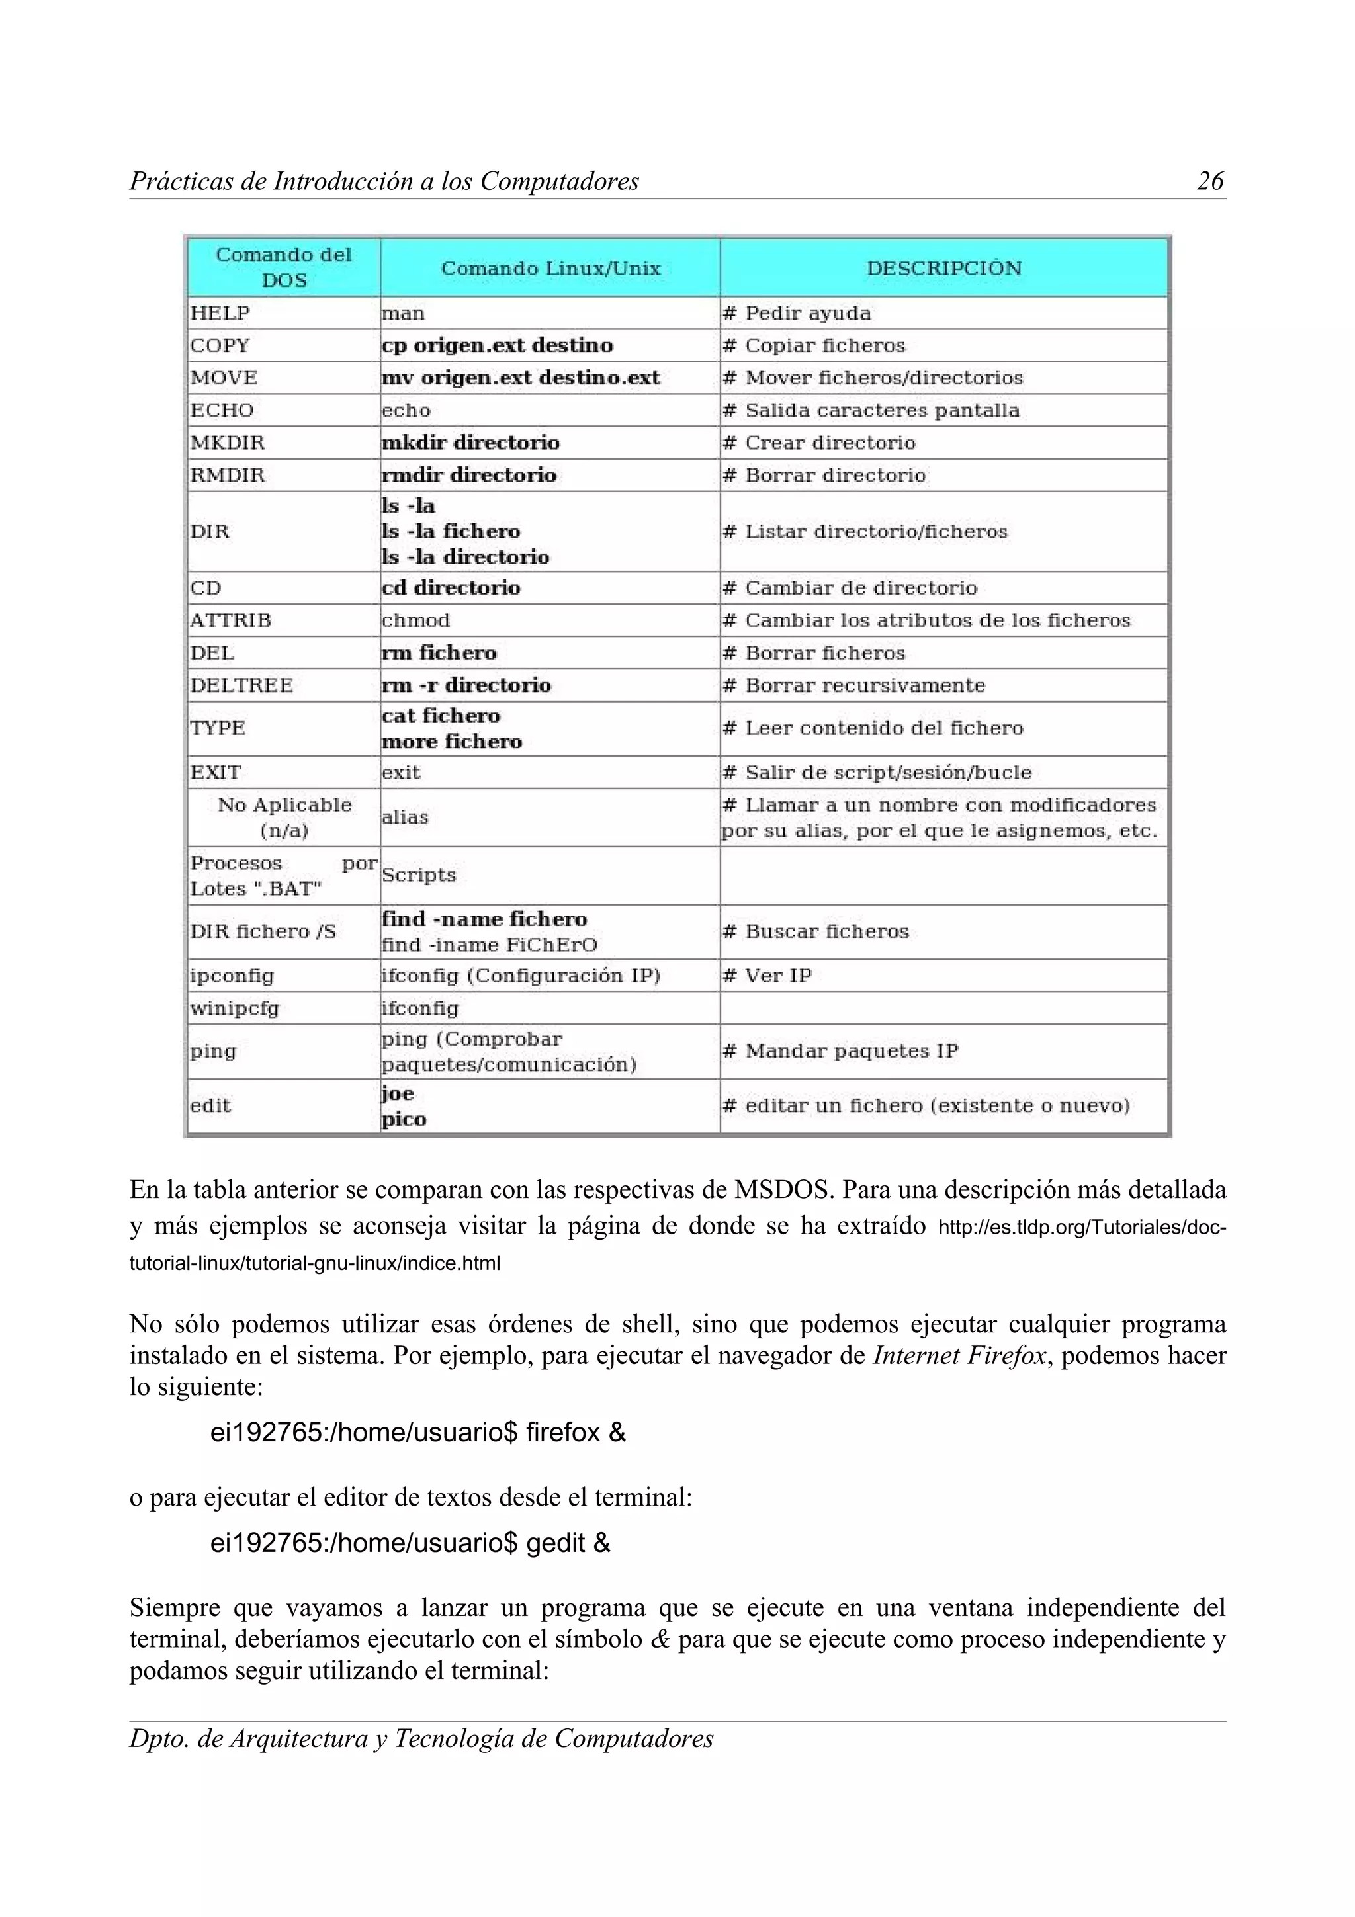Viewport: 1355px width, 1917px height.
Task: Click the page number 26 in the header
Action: click(1209, 181)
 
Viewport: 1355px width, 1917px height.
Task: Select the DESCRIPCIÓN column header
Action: click(943, 269)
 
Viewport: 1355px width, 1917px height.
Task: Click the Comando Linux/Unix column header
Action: click(550, 269)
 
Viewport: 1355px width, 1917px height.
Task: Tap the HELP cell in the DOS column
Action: click(220, 313)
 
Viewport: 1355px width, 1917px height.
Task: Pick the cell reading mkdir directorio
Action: click(470, 443)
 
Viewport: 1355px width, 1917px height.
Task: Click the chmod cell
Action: click(415, 620)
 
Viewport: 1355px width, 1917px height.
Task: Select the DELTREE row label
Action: click(241, 685)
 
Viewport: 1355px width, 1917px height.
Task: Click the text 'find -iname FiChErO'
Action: click(489, 945)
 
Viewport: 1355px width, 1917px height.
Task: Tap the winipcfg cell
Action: click(235, 1009)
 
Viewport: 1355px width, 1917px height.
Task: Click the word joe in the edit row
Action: click(398, 1093)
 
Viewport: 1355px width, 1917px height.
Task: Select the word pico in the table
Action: click(404, 1120)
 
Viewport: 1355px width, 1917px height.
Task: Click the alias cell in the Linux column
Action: click(405, 818)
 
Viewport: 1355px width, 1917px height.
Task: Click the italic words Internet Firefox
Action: click(959, 1355)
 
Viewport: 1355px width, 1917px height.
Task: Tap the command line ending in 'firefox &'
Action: click(417, 1433)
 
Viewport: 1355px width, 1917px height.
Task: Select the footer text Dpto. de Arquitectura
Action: click(421, 1738)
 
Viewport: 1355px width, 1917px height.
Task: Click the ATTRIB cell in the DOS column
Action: click(230, 620)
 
